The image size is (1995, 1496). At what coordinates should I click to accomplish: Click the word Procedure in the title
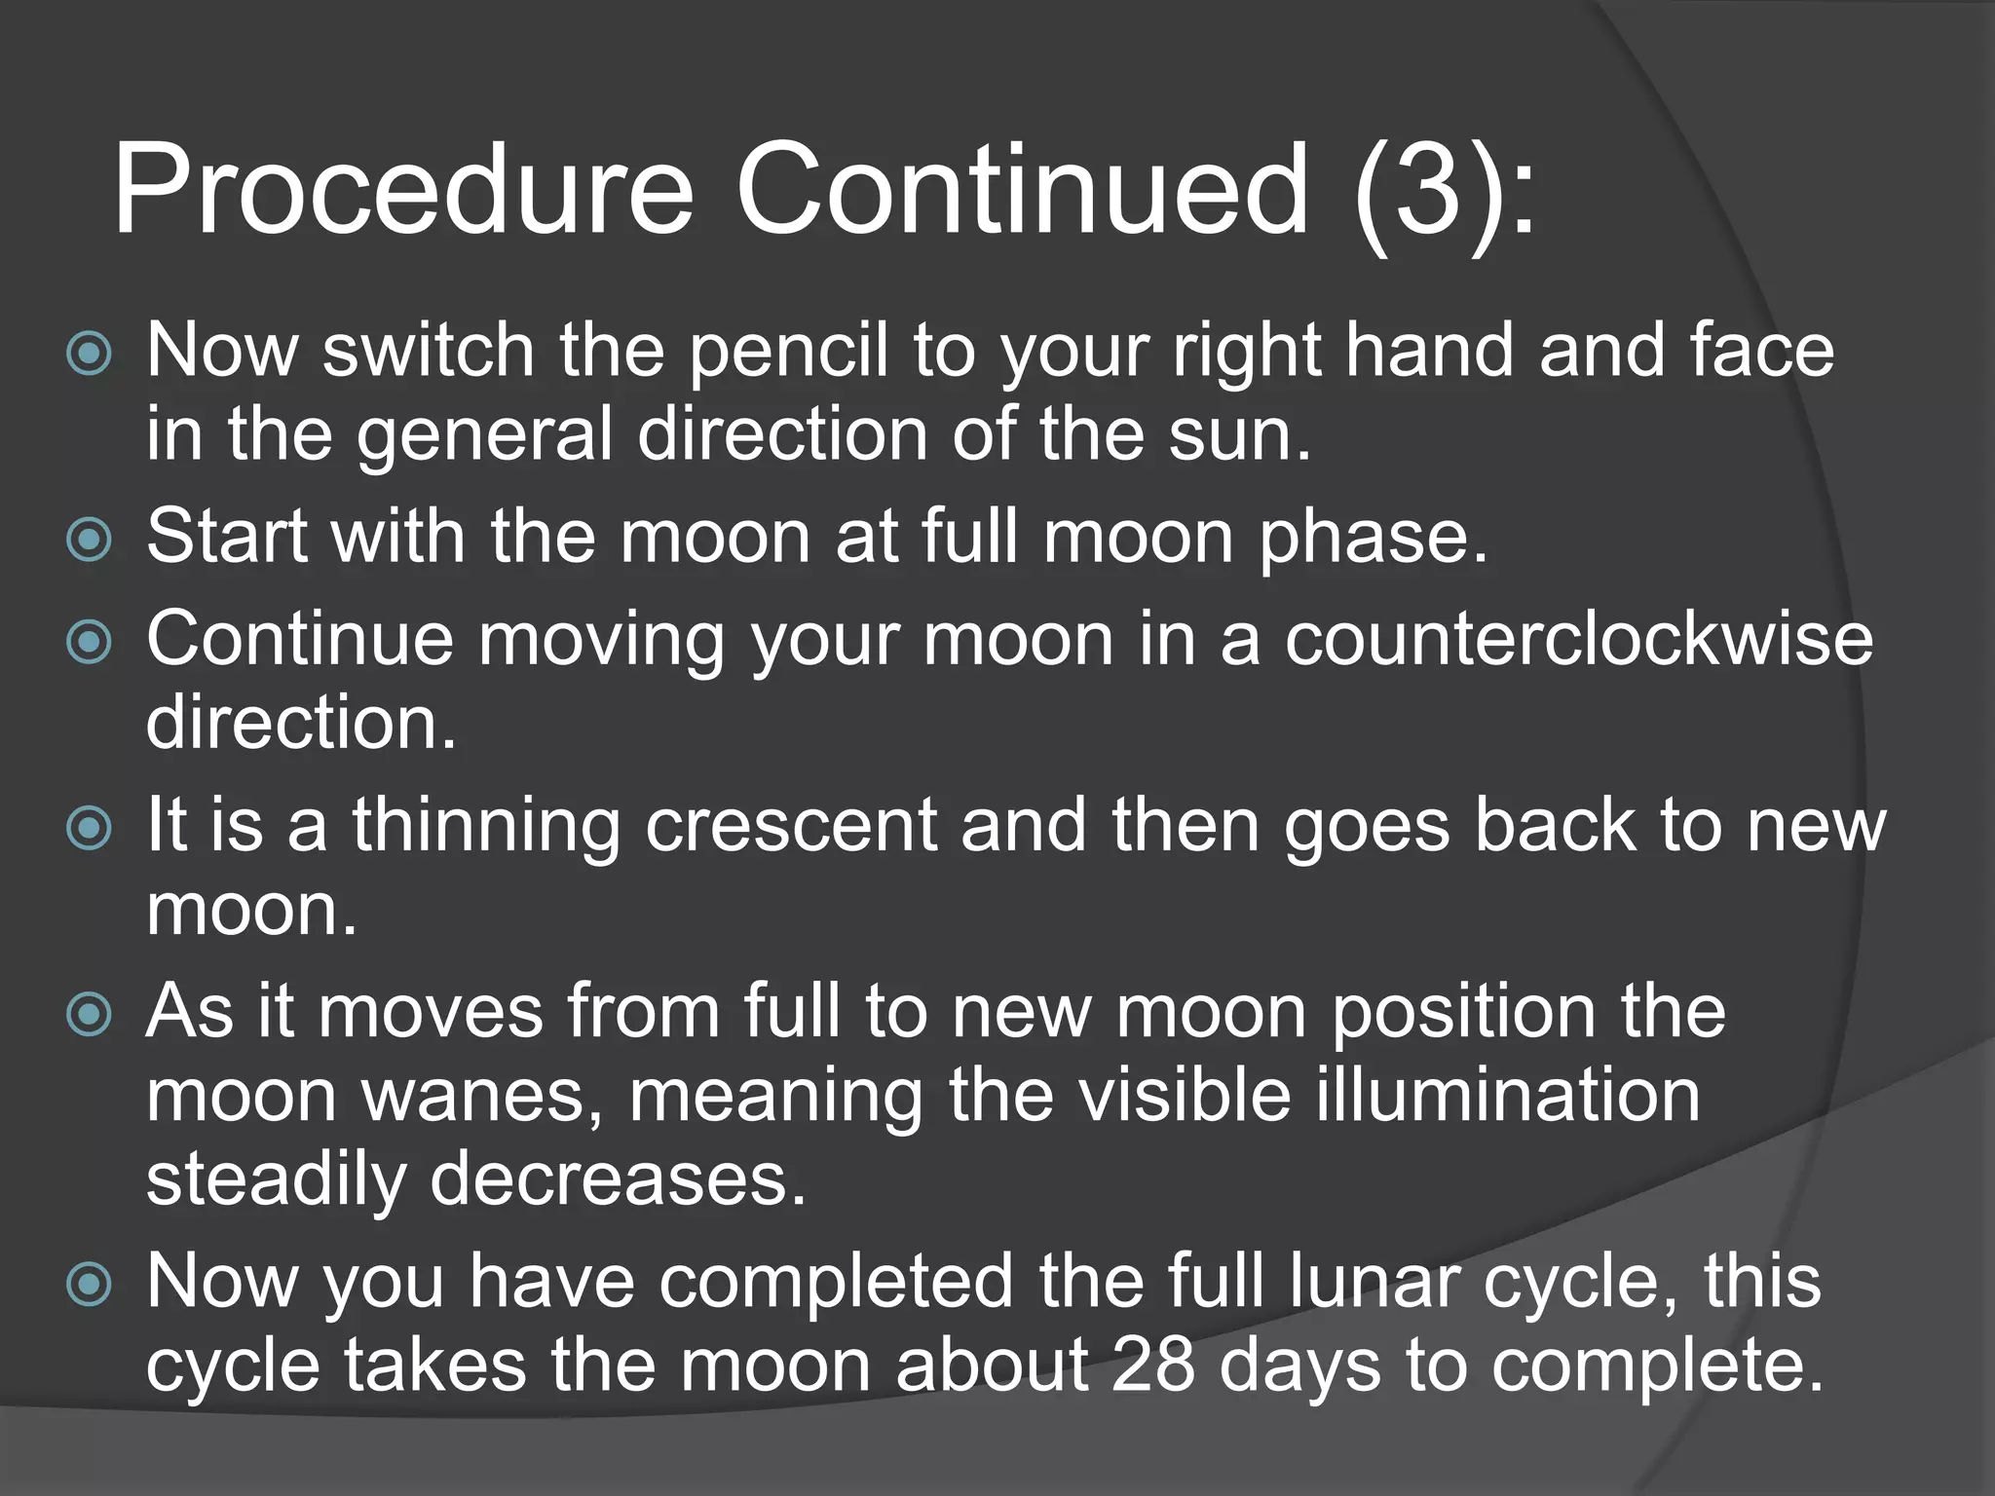pos(402,190)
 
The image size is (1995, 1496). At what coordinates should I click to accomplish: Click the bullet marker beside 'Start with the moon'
pos(90,539)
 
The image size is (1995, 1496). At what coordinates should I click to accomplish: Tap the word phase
pos(1374,539)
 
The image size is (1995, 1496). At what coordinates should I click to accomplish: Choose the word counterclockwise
pos(1578,640)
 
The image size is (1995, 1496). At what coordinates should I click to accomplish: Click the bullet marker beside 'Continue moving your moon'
pos(90,642)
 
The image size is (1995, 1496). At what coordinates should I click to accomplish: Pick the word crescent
pos(791,827)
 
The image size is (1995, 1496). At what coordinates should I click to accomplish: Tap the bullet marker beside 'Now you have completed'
pos(90,1285)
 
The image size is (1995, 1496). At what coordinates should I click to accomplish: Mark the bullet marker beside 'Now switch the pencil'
pos(90,354)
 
